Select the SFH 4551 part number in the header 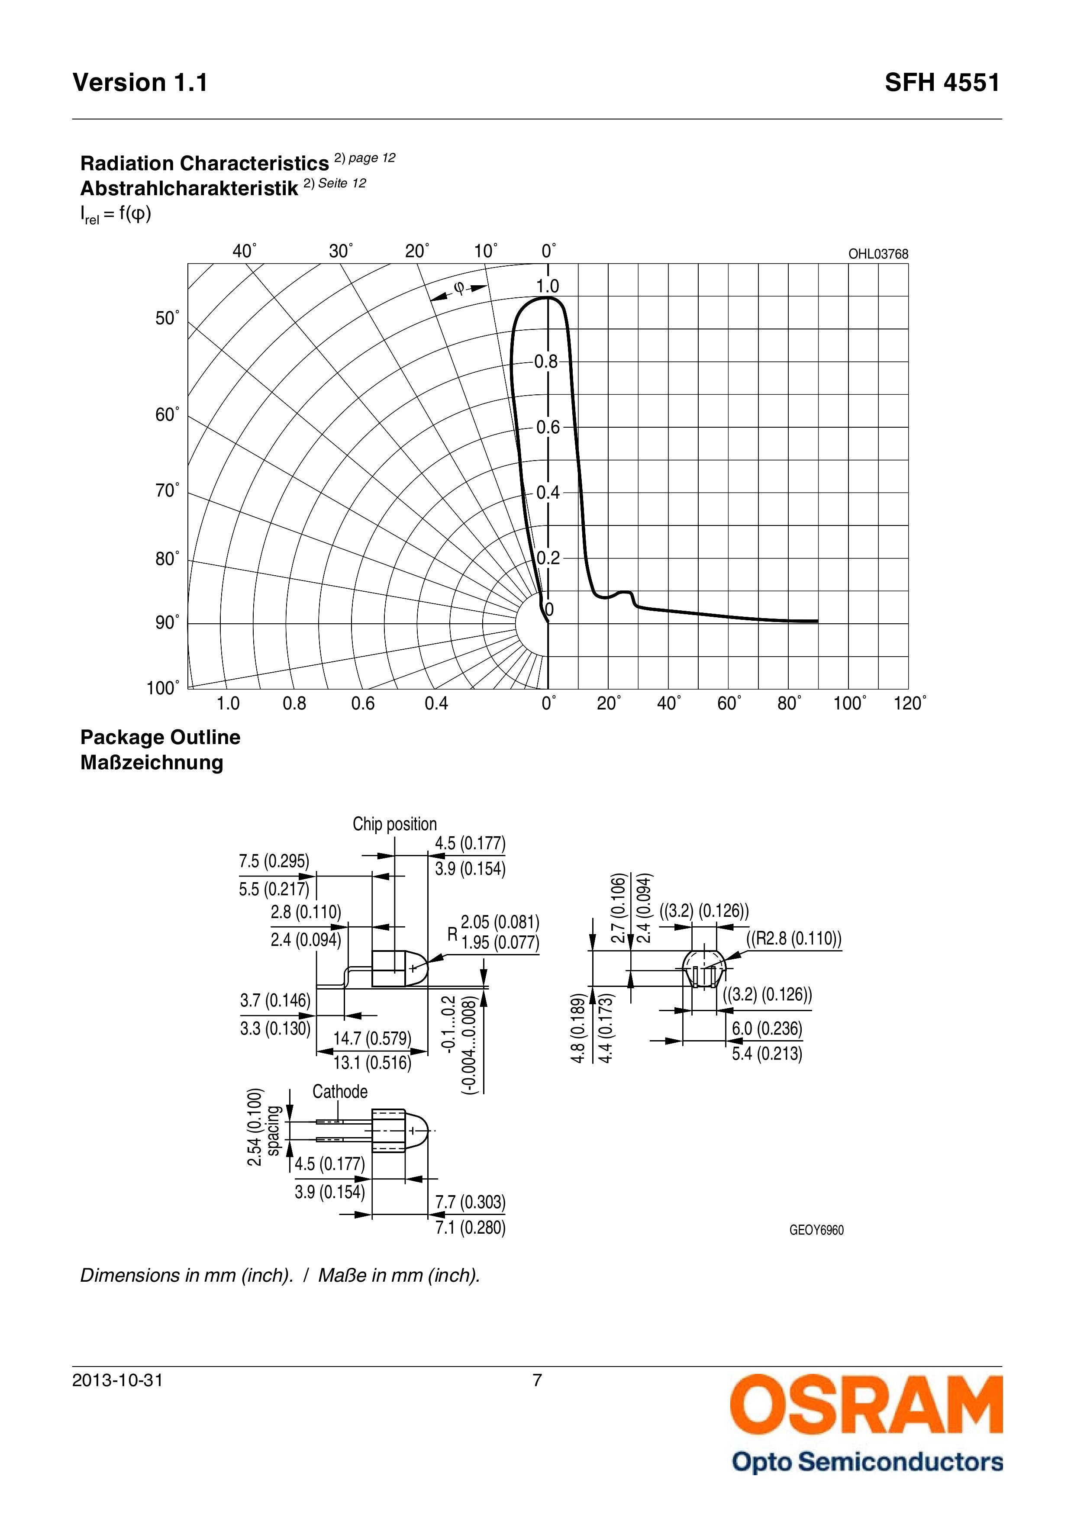942,83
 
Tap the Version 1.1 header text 140,83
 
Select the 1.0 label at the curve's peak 548,286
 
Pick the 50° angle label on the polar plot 167,318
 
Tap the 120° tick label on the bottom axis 910,703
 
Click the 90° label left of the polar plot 167,622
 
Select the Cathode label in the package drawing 339,1091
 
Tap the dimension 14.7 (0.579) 372,1038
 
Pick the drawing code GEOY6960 816,1231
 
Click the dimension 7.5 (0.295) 274,861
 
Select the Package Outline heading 160,738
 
